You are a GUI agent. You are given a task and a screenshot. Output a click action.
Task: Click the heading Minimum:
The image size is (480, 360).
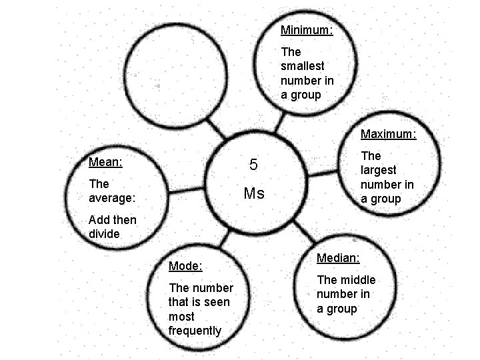click(x=307, y=30)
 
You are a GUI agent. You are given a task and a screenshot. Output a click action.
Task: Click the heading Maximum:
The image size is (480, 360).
click(x=388, y=134)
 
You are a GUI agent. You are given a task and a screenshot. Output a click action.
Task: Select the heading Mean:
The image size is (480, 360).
click(x=104, y=161)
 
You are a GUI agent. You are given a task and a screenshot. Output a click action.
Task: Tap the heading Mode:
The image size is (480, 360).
click(x=185, y=266)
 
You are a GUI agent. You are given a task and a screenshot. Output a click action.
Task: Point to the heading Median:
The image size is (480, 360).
click(x=338, y=257)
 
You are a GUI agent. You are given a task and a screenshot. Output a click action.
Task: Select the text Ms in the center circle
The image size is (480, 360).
click(x=254, y=194)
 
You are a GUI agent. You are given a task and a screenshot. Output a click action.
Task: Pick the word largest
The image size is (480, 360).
click(x=379, y=170)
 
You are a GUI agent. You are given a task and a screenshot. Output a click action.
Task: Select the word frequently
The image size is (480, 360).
click(x=195, y=331)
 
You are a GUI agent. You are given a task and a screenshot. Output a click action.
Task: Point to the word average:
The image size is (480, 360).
click(x=112, y=198)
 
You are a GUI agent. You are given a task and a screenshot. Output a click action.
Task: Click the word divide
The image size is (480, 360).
click(x=104, y=234)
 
